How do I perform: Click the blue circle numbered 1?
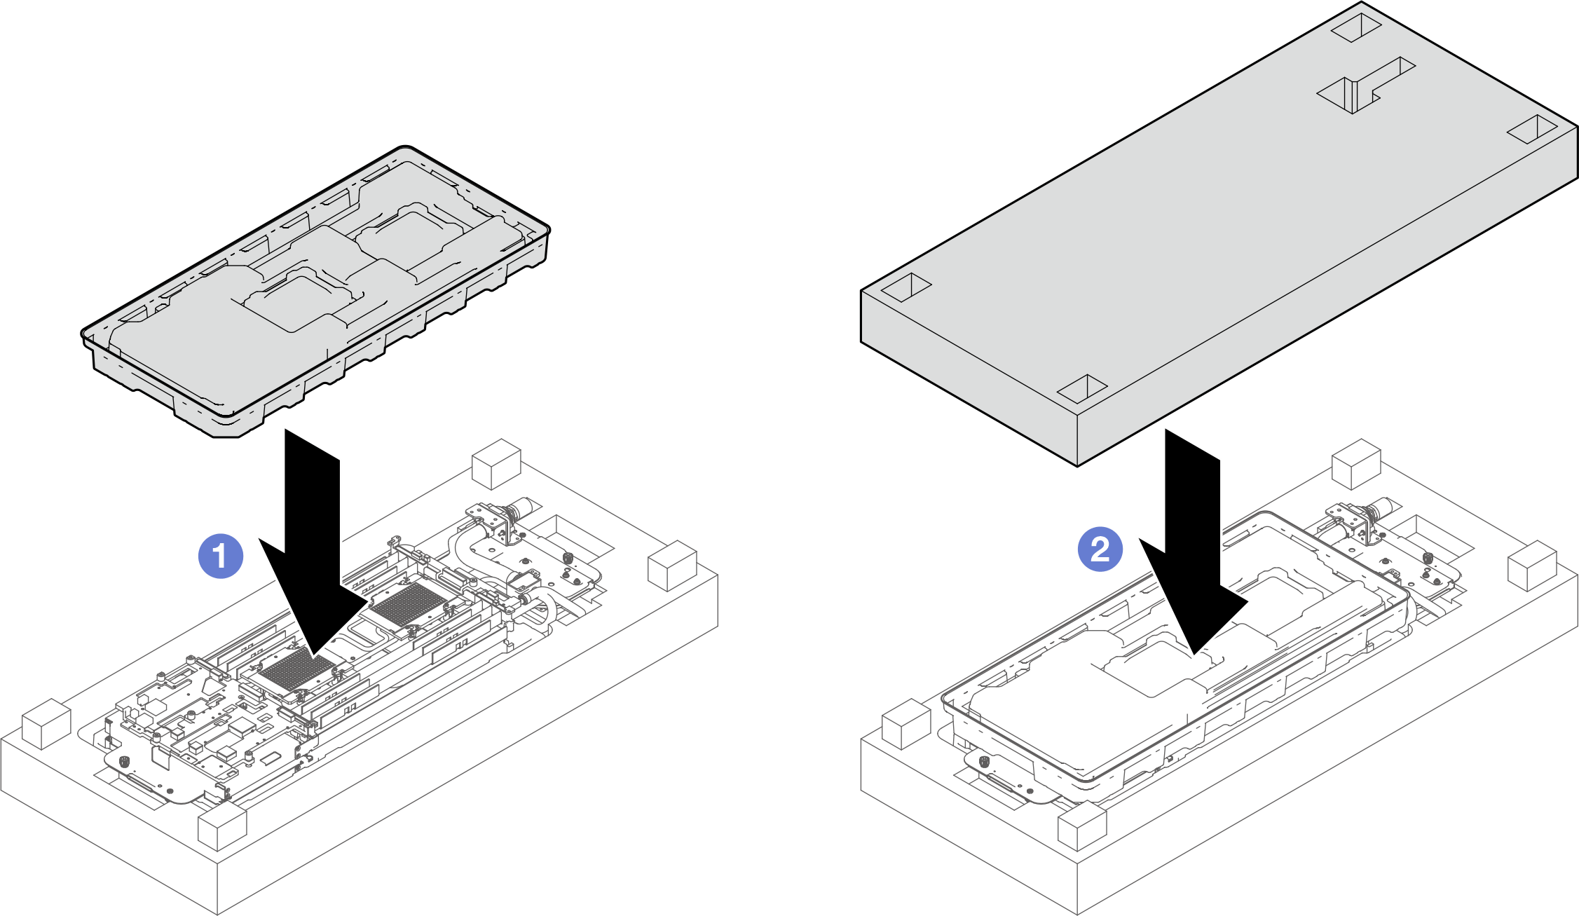221,556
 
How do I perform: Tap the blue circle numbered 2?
1100,549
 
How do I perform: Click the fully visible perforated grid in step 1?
403,605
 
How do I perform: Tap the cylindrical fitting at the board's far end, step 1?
522,508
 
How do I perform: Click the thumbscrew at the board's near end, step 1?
124,762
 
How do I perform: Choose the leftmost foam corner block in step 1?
46,723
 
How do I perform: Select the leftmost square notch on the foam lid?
905,287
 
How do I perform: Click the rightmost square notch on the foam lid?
1532,129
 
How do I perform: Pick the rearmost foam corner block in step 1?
496,464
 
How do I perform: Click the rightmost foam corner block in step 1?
672,566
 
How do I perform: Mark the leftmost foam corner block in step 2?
905,723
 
